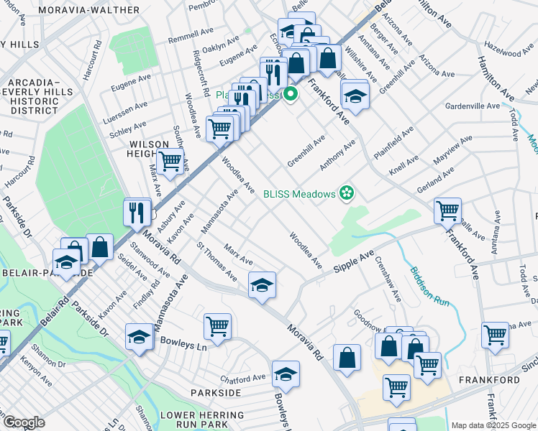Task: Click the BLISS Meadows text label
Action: pos(299,194)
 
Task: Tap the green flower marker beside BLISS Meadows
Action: pos(347,193)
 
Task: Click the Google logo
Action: pos(24,422)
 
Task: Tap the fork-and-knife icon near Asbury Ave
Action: pos(137,211)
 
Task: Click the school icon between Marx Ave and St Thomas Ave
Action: pos(263,284)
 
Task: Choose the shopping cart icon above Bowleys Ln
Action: pos(217,327)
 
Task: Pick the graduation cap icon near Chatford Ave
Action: pos(286,374)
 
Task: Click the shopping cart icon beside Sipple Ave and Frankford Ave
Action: pos(447,210)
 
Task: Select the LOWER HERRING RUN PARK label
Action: pos(202,415)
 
